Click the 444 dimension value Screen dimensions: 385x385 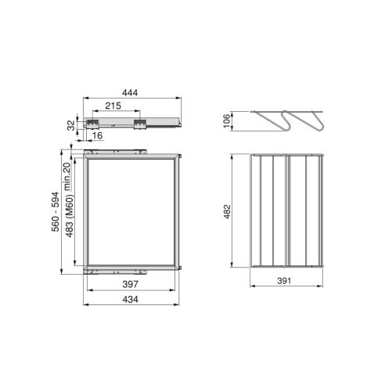pos(132,93)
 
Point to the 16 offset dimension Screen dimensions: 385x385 pos(95,136)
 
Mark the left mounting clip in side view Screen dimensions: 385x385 pos(95,123)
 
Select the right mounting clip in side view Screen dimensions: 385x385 pos(141,123)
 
